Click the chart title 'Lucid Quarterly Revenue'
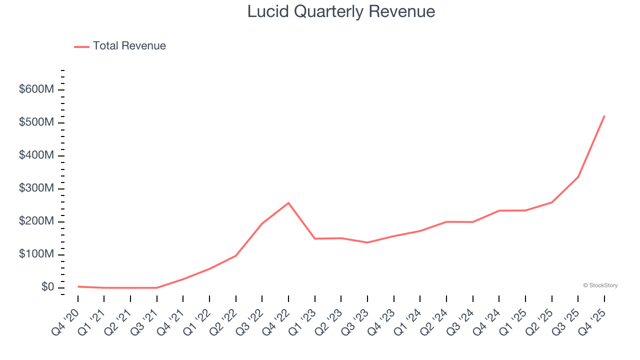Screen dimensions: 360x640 coord(341,11)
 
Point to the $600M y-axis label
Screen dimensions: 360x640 coord(36,89)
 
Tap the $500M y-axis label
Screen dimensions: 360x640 coord(36,122)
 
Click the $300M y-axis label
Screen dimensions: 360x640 coord(36,188)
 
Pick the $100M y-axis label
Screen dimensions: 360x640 coord(36,254)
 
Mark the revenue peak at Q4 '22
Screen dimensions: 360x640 coord(288,203)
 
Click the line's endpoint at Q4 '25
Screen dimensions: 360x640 coord(604,116)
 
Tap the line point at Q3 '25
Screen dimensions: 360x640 coord(578,177)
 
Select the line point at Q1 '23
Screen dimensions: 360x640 coord(315,238)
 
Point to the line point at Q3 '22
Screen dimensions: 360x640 coord(262,223)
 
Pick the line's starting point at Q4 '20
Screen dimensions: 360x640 coord(78,286)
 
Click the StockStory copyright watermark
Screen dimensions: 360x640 coord(600,285)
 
